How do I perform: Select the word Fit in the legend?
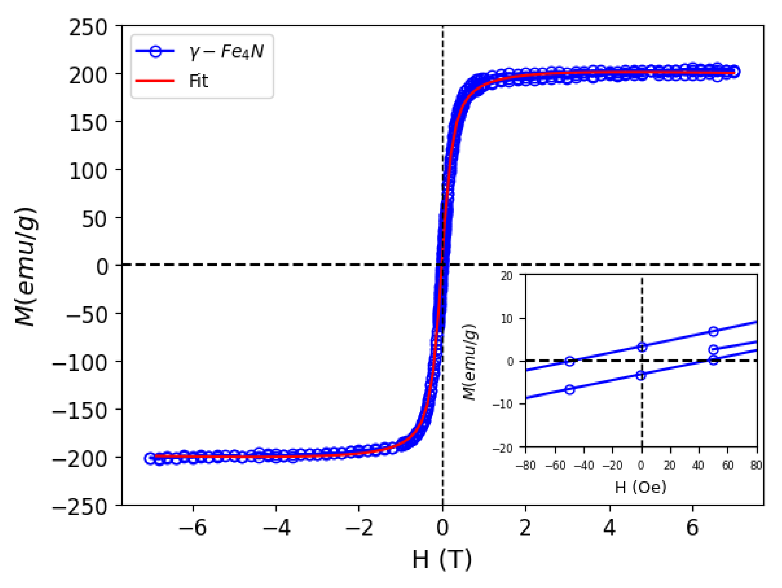(x=198, y=81)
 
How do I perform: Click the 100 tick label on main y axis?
(x=88, y=171)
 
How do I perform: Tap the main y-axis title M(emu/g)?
(x=26, y=266)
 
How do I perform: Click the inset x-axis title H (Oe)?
(x=641, y=487)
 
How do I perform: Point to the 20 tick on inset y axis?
(x=506, y=276)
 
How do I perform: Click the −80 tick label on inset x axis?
(x=526, y=466)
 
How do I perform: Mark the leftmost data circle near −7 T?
(x=150, y=458)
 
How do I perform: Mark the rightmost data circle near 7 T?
(x=735, y=72)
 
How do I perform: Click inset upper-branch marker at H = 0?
(x=642, y=347)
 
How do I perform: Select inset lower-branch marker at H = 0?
(x=641, y=376)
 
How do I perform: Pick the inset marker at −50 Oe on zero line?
(x=570, y=361)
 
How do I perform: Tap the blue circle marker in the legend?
(x=155, y=51)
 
